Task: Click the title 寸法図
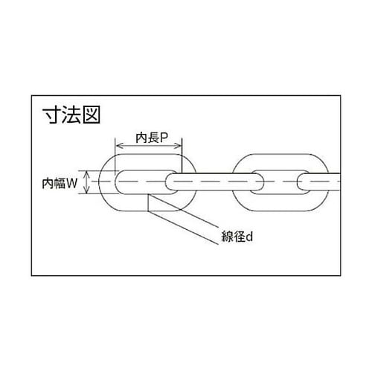(x=71, y=115)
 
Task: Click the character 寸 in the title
(x=51, y=115)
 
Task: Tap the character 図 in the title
(x=92, y=115)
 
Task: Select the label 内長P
(x=152, y=138)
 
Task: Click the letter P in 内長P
(x=164, y=138)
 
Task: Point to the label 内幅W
(x=60, y=184)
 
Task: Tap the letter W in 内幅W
(x=72, y=184)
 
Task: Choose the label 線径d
(x=237, y=237)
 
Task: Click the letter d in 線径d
(x=250, y=237)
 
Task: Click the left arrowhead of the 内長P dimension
(x=118, y=146)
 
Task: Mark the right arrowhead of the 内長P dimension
(x=179, y=146)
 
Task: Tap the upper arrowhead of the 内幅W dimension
(x=86, y=173)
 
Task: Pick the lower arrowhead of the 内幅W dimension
(x=86, y=190)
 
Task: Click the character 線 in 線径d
(x=227, y=237)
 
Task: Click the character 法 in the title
(x=71, y=115)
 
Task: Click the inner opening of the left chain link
(x=141, y=182)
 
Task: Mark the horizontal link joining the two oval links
(x=215, y=182)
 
